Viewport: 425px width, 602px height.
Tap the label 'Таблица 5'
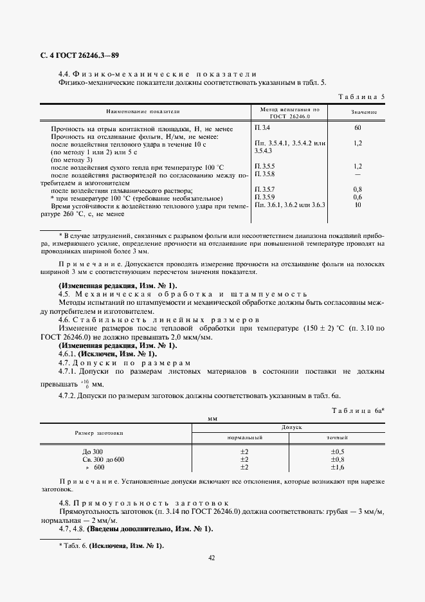pos(361,97)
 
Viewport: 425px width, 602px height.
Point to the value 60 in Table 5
pos(358,128)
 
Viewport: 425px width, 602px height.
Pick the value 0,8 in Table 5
pos(358,189)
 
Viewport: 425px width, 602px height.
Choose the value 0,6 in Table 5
pos(358,197)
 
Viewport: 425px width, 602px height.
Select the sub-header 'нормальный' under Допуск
pos(244,437)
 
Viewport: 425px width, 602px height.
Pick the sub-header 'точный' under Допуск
pos(337,437)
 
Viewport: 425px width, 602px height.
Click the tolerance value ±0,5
pos(337,452)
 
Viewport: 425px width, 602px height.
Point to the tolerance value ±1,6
pos(337,468)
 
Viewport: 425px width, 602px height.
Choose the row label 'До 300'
pos(84,452)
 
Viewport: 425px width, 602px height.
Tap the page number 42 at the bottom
pos(212,558)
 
